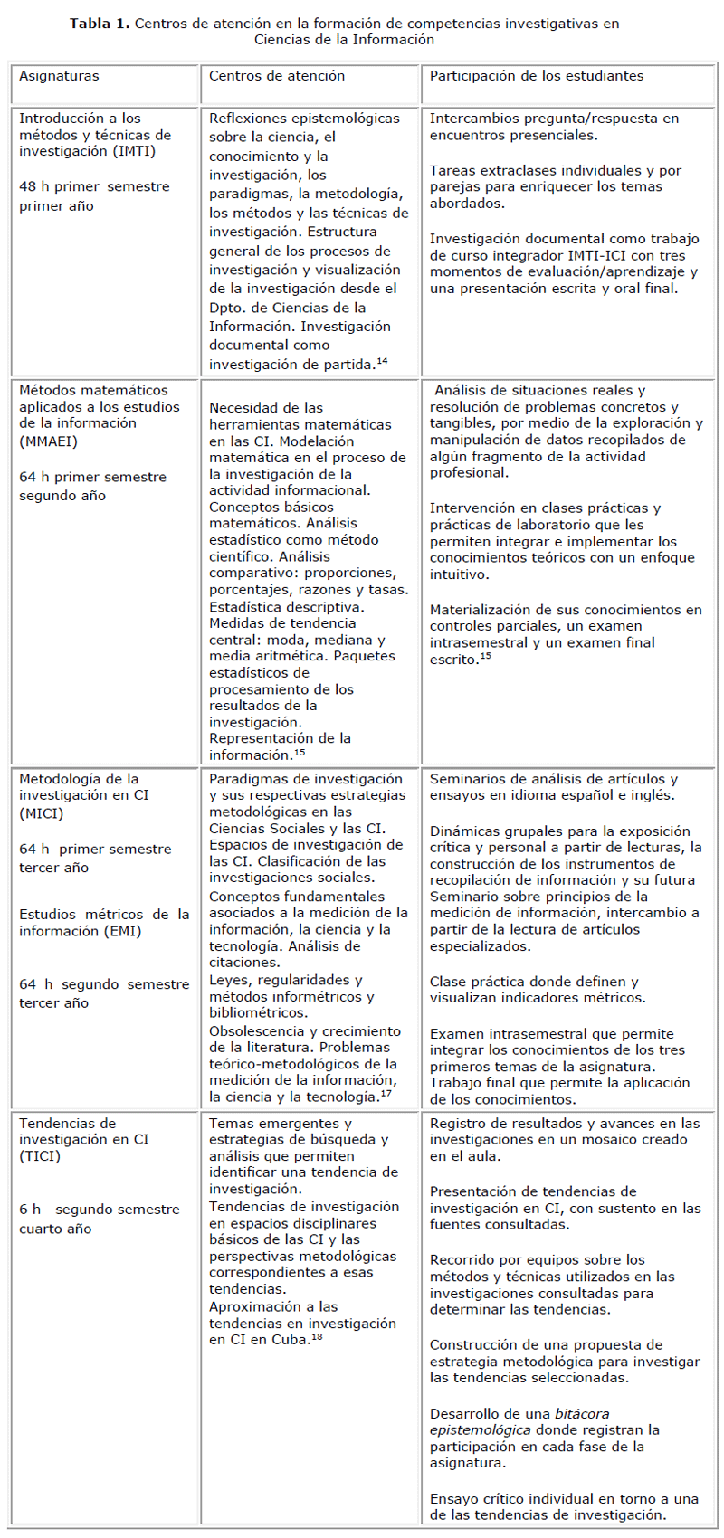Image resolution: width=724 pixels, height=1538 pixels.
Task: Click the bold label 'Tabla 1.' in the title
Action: click(x=100, y=24)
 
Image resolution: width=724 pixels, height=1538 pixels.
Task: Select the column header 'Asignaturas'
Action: click(x=59, y=76)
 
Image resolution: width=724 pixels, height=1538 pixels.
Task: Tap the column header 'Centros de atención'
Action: click(x=277, y=76)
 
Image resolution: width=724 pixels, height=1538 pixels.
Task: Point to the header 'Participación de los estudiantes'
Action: click(x=537, y=76)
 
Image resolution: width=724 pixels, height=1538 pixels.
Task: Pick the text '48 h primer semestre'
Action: click(x=94, y=186)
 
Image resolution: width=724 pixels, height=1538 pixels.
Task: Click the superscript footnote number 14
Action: click(x=382, y=361)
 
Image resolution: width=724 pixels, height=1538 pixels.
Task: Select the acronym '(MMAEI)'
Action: click(x=48, y=441)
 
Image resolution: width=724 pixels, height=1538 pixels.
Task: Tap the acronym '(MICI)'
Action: click(x=41, y=813)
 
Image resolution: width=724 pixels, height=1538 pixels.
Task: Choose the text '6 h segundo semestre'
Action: click(x=100, y=1210)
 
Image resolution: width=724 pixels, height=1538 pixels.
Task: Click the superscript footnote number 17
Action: click(x=386, y=1094)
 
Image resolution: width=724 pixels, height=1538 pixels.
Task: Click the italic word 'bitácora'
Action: click(x=582, y=1413)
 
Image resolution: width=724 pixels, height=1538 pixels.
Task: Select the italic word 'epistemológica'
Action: click(x=481, y=1430)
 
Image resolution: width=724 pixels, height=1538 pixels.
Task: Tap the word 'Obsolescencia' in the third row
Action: click(x=254, y=1030)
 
